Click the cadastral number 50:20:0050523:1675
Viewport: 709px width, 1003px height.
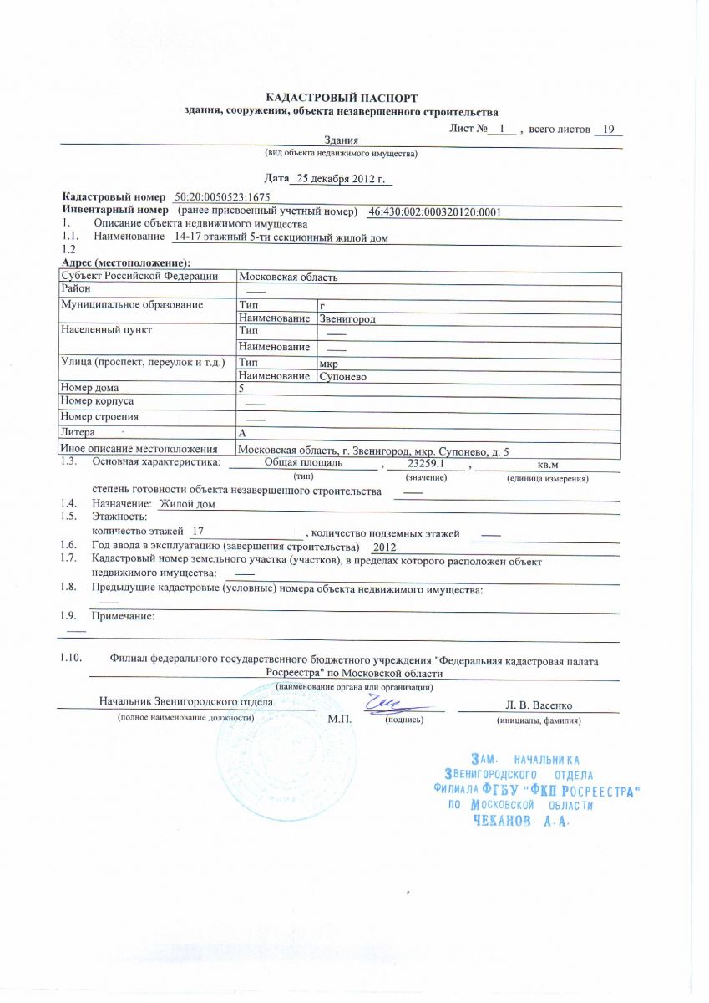[x=222, y=196]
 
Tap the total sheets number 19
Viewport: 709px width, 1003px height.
[x=608, y=130]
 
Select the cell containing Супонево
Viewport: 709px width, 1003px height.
[x=343, y=377]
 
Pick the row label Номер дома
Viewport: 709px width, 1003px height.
[x=90, y=388]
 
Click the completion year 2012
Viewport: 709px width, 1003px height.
[x=384, y=546]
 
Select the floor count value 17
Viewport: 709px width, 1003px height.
[x=198, y=532]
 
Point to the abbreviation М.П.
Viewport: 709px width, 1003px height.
[x=339, y=719]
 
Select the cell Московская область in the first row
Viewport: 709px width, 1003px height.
[x=288, y=277]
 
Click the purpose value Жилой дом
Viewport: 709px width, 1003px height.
[x=188, y=504]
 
